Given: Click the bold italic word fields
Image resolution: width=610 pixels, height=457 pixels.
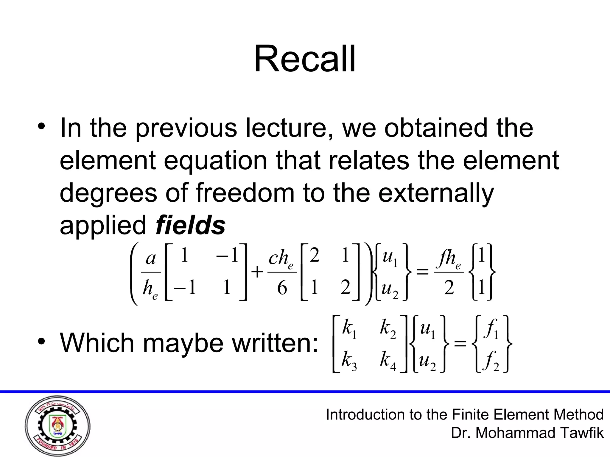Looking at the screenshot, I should [190, 225].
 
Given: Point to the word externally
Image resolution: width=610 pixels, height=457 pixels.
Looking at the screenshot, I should [436, 193].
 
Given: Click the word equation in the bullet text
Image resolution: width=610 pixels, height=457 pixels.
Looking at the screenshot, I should [215, 161].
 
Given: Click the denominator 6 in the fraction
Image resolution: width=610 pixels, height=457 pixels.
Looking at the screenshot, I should [282, 288].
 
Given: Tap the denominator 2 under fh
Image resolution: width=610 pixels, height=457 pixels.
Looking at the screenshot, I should [449, 288].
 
